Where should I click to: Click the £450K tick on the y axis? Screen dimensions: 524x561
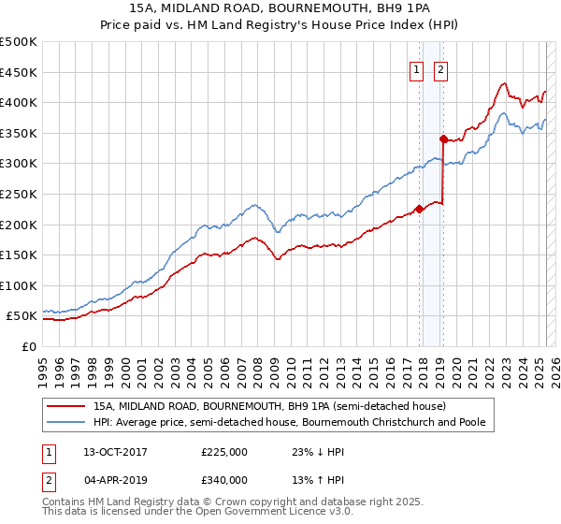(18, 72)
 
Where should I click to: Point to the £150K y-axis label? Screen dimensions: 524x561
(18, 255)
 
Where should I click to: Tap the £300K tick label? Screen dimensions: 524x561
(18, 164)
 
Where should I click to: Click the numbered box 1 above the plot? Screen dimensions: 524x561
(415, 67)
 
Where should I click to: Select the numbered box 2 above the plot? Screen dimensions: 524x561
(439, 67)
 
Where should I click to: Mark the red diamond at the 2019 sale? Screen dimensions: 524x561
(443, 139)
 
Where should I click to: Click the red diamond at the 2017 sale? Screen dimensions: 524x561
(419, 209)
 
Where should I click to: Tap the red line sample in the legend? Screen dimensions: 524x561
(66, 406)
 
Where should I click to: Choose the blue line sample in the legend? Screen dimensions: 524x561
(66, 422)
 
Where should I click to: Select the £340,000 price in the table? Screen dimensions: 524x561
(224, 479)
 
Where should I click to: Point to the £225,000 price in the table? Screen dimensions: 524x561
(224, 451)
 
